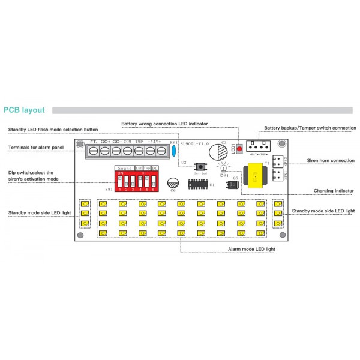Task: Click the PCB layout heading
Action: (24, 110)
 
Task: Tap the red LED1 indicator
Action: (239, 148)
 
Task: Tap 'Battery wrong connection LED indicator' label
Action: (164, 124)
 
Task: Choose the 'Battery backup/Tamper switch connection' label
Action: (310, 128)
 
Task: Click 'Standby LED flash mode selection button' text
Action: (53, 129)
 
